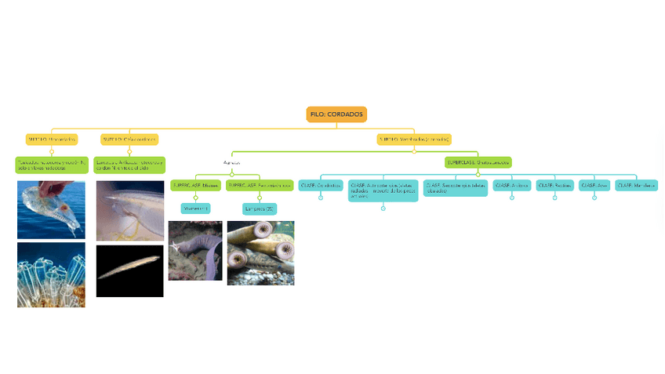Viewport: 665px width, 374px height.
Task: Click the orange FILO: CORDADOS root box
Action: (336, 114)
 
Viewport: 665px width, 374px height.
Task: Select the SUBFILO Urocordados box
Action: (52, 140)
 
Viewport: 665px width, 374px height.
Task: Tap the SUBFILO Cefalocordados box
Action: (129, 140)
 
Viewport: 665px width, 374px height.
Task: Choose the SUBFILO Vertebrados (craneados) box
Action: (414, 140)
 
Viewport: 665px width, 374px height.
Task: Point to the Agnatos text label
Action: (231, 163)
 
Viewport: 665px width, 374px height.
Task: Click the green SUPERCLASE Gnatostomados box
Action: (478, 162)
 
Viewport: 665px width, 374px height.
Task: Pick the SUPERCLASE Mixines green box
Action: (195, 186)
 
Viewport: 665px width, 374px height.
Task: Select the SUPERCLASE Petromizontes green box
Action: (260, 186)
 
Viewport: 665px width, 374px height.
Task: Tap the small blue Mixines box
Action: (195, 209)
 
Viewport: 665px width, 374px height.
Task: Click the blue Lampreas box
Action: (260, 209)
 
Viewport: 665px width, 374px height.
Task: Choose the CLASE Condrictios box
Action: (321, 185)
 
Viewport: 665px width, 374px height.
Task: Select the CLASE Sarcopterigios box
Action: (456, 188)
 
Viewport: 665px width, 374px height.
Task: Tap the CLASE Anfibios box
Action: (512, 185)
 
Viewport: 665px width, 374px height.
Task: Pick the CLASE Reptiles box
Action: (554, 185)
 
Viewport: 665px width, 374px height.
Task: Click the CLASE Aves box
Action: (594, 185)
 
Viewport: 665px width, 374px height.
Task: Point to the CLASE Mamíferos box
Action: (637, 185)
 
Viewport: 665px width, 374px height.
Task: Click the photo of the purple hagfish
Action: (195, 250)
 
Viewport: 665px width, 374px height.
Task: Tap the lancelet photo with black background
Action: (129, 271)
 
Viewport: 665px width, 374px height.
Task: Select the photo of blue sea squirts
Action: (51, 274)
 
